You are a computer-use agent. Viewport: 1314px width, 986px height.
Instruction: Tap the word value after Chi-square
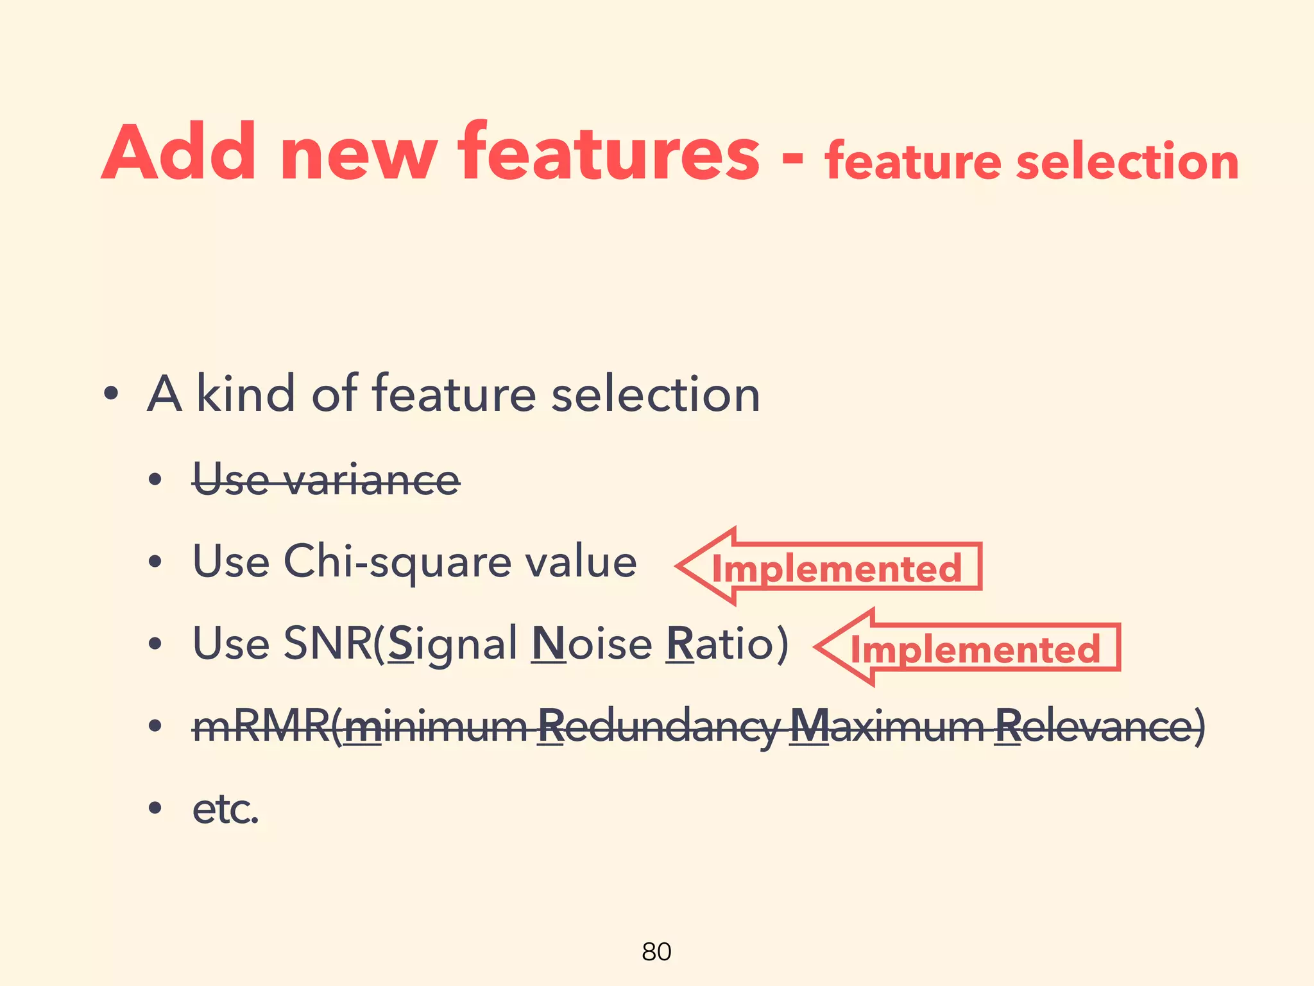[581, 562]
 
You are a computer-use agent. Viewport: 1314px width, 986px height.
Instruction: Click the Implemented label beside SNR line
[975, 649]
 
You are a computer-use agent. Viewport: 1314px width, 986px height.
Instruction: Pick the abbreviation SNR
[327, 643]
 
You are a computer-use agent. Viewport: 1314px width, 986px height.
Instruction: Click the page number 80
[656, 951]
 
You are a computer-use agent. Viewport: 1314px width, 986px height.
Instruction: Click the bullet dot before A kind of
[112, 394]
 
